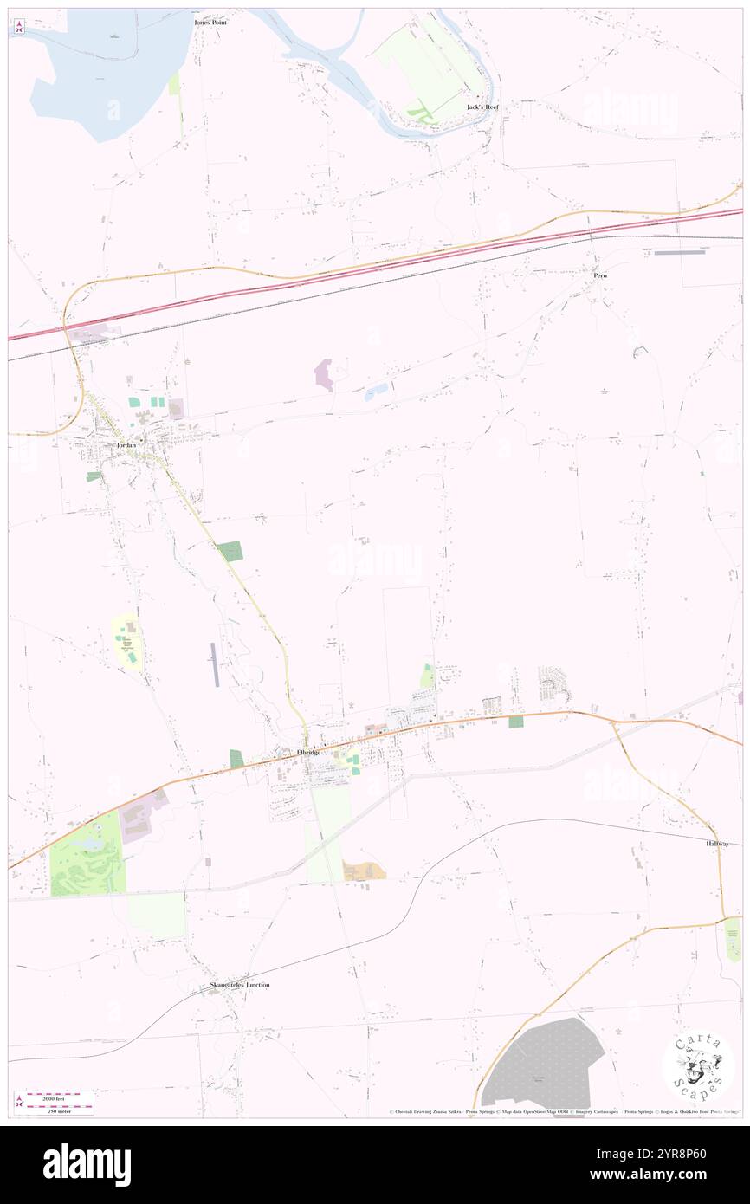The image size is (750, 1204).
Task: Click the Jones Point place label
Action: click(x=210, y=22)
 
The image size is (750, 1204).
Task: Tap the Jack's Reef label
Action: click(x=482, y=107)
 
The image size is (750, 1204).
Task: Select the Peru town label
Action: click(x=600, y=275)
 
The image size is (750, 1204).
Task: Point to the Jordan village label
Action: click(x=127, y=445)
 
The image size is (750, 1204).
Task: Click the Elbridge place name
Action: click(x=309, y=752)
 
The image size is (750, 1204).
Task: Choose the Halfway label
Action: click(x=717, y=843)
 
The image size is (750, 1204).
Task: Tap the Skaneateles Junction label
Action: click(x=240, y=985)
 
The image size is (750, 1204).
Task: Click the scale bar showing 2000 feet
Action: click(x=59, y=1096)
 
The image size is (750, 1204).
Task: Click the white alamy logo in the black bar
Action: click(x=87, y=1164)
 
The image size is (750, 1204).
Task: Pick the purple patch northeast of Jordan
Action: click(x=324, y=374)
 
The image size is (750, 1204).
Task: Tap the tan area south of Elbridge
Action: click(x=364, y=871)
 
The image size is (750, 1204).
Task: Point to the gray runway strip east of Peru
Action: click(x=680, y=253)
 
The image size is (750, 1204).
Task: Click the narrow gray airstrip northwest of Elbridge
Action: click(x=215, y=664)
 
